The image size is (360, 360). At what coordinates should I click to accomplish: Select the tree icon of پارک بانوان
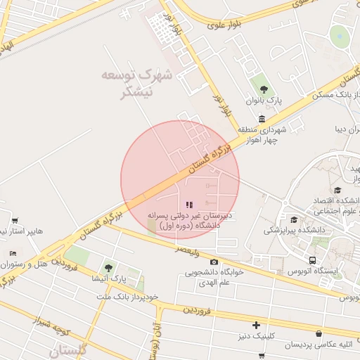point(264,89)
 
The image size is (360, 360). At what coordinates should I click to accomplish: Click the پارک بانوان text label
point(264,101)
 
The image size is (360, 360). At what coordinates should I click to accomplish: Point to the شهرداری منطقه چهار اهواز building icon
point(262,119)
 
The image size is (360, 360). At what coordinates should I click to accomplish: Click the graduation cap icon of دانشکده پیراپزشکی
point(293,219)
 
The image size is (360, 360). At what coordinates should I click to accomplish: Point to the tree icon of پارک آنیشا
point(108,267)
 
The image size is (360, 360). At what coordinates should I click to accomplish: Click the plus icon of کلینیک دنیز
point(257,325)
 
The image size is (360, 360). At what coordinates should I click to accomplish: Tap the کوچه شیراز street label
point(53,325)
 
